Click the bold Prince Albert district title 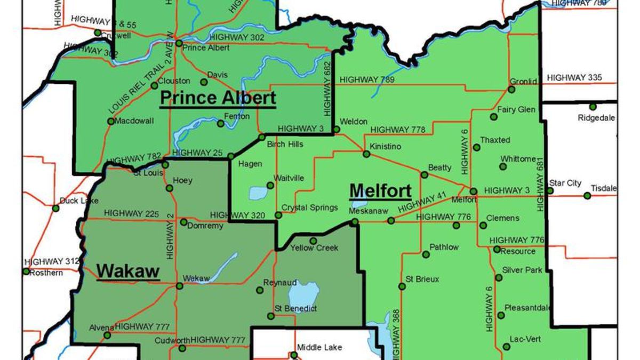[x=218, y=98]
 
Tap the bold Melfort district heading [x=380, y=190]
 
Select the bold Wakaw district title [x=128, y=271]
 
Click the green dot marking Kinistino [x=366, y=154]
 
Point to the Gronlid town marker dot [x=511, y=90]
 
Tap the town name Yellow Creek [x=314, y=248]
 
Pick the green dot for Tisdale [x=587, y=196]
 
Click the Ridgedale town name [x=596, y=118]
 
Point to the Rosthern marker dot [x=26, y=271]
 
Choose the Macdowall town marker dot [x=111, y=121]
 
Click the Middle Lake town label [x=319, y=347]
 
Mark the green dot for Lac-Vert [x=506, y=347]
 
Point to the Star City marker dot [x=550, y=191]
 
